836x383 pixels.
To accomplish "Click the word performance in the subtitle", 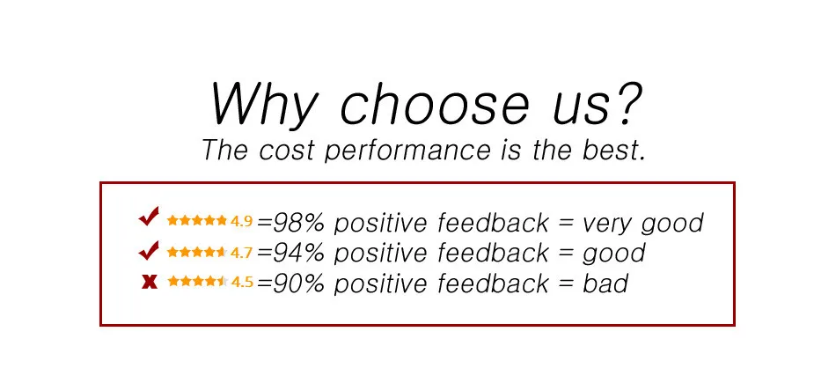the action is point(407,151).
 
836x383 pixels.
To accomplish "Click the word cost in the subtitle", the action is point(288,150).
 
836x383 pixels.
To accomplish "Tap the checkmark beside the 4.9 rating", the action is point(149,217).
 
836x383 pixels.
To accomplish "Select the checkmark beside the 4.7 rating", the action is point(149,250).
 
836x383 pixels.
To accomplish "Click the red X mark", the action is point(150,282).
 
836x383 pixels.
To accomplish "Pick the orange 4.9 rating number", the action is point(241,221).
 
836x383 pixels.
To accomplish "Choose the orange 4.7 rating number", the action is point(241,252).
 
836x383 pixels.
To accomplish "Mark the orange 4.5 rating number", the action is point(242,282).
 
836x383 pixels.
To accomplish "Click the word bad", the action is point(605,284).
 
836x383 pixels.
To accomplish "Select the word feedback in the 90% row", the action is point(493,284).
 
